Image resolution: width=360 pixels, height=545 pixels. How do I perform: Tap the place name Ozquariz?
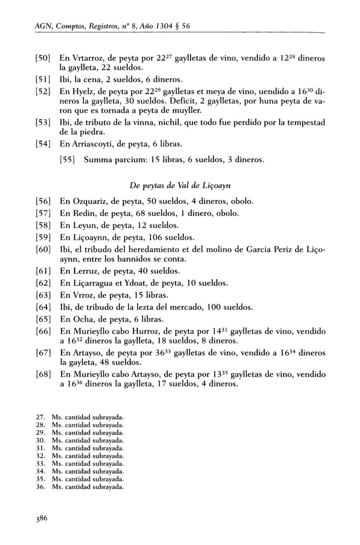pos(90,201)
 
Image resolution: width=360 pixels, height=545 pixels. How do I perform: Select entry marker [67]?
pos(43,355)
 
